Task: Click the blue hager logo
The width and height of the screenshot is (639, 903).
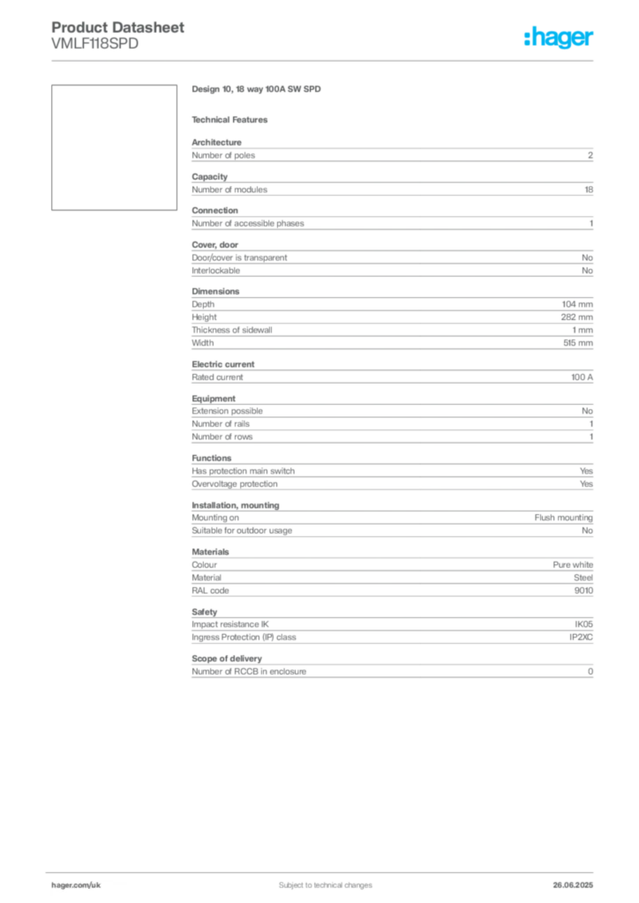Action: pyautogui.click(x=560, y=39)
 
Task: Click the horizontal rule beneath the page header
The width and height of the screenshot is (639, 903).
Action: pyautogui.click(x=353, y=60)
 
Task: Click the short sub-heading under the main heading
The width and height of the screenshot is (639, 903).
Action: pyautogui.click(x=232, y=119)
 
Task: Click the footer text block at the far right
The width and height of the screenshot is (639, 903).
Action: pyautogui.click(x=575, y=880)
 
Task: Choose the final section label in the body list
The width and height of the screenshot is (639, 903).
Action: pyautogui.click(x=205, y=610)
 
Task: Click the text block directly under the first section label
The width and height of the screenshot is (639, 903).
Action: pyautogui.click(x=392, y=155)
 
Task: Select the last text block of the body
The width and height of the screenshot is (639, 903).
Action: pyautogui.click(x=392, y=669)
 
